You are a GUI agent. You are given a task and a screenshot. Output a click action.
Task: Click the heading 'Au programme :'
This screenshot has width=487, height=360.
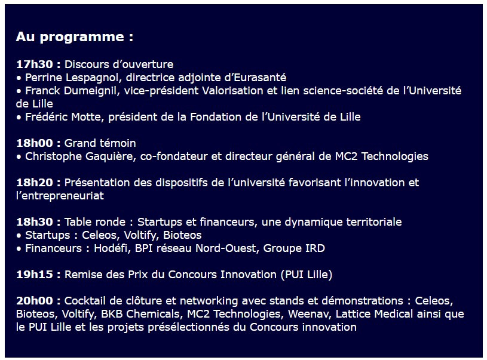[x=75, y=37]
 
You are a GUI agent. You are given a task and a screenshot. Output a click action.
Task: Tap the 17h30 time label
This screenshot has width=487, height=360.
[x=35, y=64]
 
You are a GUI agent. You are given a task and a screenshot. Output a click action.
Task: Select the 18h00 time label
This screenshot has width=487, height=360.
[x=35, y=143]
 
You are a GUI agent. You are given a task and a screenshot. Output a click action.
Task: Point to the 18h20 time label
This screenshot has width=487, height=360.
[x=35, y=183]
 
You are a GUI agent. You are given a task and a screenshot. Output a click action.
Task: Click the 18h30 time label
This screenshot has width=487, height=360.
[x=35, y=222]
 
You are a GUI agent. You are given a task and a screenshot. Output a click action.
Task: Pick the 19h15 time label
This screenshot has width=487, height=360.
[x=35, y=275]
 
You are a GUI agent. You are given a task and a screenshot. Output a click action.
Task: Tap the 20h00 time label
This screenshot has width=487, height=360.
[x=35, y=301]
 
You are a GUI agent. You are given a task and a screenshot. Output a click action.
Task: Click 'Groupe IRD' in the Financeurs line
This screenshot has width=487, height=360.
[x=294, y=248]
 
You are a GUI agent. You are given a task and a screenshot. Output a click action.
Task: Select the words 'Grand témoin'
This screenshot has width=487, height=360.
[x=100, y=143]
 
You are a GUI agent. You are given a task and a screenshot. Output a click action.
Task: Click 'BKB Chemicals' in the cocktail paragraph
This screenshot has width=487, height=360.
[x=140, y=314]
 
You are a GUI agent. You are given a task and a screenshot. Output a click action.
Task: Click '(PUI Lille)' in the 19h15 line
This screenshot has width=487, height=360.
[x=306, y=275]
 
